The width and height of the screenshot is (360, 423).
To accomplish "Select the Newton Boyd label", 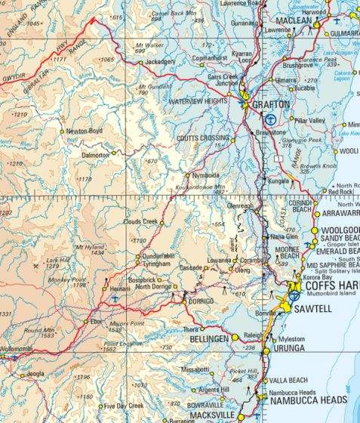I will coord(85,131).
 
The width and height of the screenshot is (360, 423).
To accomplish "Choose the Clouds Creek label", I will coord(140,221).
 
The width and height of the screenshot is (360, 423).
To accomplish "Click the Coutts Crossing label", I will coord(203,138).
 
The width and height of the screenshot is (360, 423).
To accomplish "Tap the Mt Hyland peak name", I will coord(88,247).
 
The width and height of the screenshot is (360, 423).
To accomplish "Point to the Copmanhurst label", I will coord(210,57).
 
